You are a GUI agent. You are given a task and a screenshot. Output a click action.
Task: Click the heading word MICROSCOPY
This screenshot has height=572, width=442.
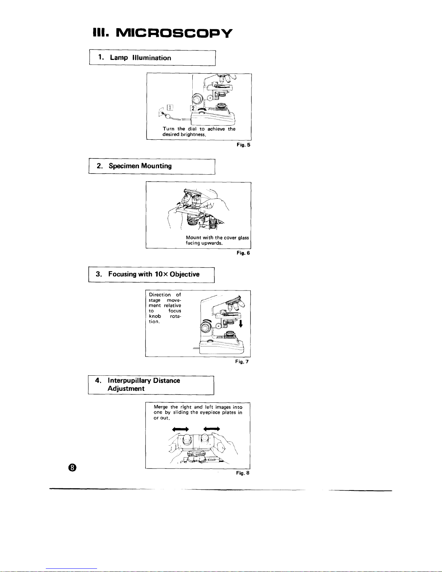pos(174,33)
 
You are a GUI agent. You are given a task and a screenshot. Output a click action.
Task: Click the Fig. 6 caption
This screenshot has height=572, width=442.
pos(243,253)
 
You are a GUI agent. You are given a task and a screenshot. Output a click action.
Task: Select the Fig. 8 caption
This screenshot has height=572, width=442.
pos(242,473)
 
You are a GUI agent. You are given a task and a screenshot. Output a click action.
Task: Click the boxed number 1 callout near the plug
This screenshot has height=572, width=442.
pos(170,107)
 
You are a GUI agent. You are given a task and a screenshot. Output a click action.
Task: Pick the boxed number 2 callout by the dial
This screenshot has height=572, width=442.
pos(193,108)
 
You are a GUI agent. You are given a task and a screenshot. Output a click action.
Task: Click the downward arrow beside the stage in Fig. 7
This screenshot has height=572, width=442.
pos(241,322)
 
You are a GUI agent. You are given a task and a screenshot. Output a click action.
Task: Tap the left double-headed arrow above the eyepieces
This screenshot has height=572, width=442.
pos(180,429)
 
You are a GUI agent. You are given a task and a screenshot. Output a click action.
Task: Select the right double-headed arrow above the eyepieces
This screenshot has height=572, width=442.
pos(212,429)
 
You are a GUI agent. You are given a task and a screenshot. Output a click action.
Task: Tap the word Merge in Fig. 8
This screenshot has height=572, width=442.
pos(161,407)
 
